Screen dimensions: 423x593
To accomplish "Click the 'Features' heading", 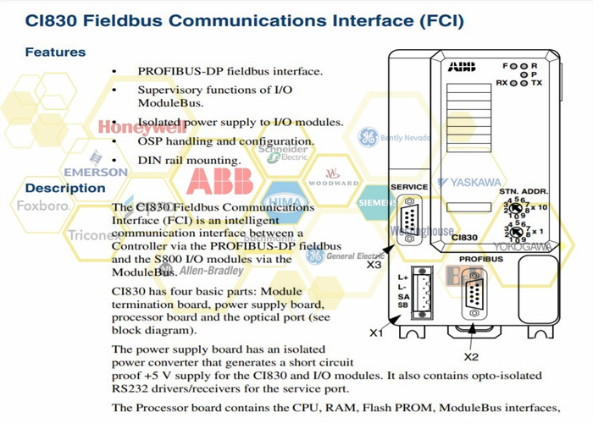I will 55,52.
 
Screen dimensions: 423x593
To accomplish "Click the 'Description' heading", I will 64,188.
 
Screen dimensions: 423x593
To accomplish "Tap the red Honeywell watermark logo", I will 141,128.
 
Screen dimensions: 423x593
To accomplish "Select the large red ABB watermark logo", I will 219,181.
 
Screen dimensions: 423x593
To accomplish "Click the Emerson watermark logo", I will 95,171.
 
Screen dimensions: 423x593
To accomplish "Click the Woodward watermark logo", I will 333,183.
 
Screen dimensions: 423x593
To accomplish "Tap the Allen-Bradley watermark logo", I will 208,271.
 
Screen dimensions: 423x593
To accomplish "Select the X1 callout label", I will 375,332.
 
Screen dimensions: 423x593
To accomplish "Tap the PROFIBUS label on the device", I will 481,259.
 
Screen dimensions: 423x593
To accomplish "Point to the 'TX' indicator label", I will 536,83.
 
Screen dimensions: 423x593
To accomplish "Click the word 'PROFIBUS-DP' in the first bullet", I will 175,71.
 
